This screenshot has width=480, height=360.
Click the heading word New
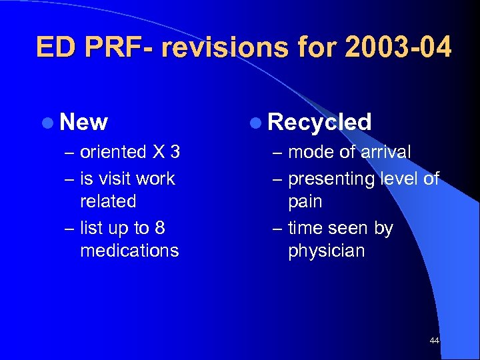click(x=83, y=122)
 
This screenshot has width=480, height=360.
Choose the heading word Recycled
click(x=319, y=122)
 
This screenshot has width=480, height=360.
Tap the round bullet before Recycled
click(x=257, y=123)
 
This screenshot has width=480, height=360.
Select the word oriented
click(x=113, y=153)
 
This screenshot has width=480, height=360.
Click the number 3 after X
click(x=175, y=153)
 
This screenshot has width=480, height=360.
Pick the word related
click(x=108, y=201)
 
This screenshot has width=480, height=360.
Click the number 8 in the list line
click(x=159, y=228)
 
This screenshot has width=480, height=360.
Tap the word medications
click(x=129, y=251)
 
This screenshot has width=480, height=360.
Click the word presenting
click(x=331, y=179)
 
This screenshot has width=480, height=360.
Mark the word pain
click(x=305, y=201)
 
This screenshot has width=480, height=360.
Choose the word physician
click(x=327, y=251)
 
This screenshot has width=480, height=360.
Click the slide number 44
click(x=435, y=341)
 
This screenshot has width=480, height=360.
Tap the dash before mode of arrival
click(x=278, y=153)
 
